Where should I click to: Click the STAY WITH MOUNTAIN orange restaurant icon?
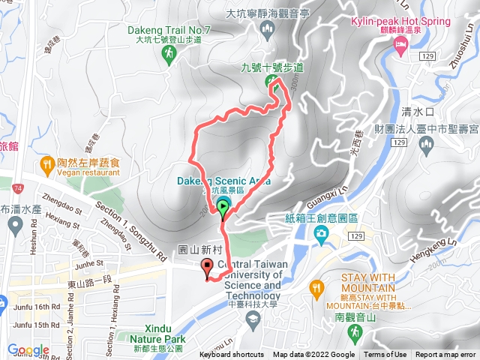316,286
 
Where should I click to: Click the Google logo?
28,349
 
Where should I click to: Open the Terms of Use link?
385,355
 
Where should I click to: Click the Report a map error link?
445,355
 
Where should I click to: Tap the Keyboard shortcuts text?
232,355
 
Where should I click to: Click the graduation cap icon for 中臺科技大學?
253,320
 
